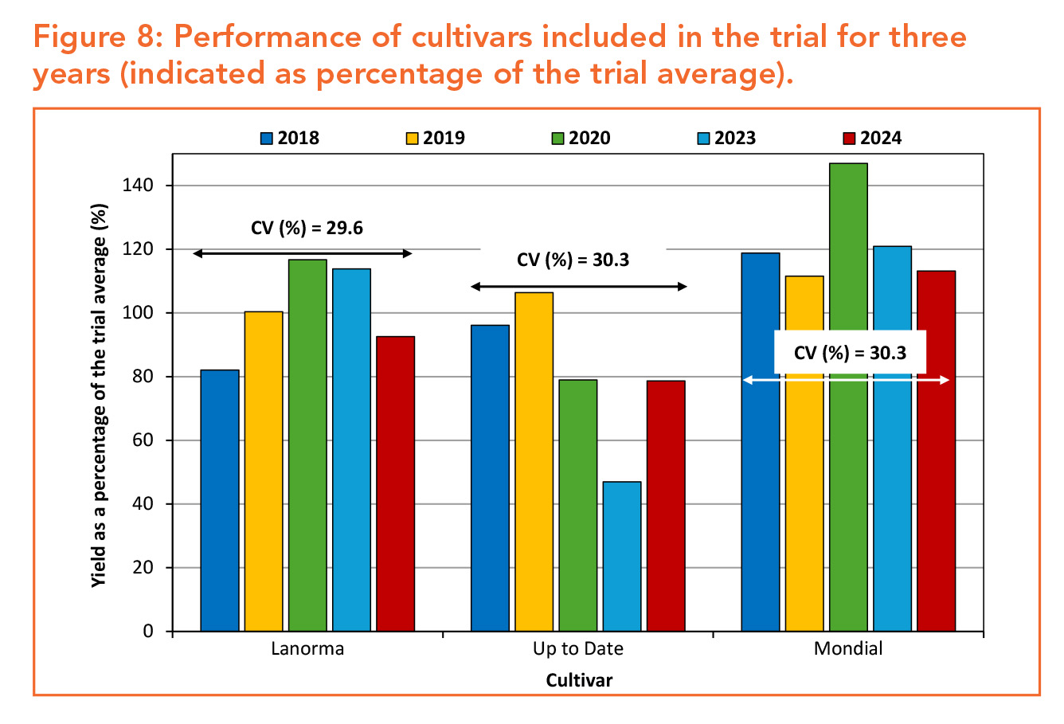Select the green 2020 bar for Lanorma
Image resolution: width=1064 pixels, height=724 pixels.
click(x=307, y=445)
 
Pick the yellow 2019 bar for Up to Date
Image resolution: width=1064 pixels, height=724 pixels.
click(x=534, y=462)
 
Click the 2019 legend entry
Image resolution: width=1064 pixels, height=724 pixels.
click(x=435, y=138)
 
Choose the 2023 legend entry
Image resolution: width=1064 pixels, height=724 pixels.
click(x=726, y=138)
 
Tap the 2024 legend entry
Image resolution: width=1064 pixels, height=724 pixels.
click(x=871, y=138)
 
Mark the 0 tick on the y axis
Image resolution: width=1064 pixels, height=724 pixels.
click(x=148, y=632)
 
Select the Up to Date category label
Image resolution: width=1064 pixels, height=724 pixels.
click(x=577, y=648)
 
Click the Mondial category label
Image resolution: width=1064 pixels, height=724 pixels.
click(x=848, y=648)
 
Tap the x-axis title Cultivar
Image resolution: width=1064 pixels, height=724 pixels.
click(x=579, y=680)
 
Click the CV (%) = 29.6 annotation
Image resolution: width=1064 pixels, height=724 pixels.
click(x=307, y=229)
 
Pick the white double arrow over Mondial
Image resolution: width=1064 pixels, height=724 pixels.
click(x=847, y=381)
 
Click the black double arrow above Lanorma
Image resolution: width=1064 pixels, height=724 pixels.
click(x=303, y=253)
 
